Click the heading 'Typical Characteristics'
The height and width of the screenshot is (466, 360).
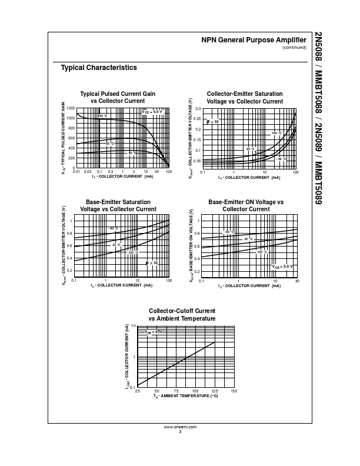pyautogui.click(x=99, y=68)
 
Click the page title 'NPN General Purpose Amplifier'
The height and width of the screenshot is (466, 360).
pyautogui.click(x=254, y=40)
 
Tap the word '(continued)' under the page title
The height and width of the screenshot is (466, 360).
pyautogui.click(x=295, y=48)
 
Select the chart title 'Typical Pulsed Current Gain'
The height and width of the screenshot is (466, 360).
pyautogui.click(x=118, y=94)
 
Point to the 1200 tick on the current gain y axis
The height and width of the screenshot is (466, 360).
pyautogui.click(x=71, y=109)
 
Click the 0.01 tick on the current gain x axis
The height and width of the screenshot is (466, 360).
pyautogui.click(x=76, y=172)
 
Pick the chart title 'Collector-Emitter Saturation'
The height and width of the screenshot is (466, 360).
pyautogui.click(x=245, y=94)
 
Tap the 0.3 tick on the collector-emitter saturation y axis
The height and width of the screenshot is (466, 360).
pyautogui.click(x=198, y=109)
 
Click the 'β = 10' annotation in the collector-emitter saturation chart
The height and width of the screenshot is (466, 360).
pyautogui.click(x=212, y=121)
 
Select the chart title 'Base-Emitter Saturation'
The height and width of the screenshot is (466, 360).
pyautogui.click(x=115, y=202)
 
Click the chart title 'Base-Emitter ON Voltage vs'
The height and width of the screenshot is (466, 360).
pyautogui.click(x=246, y=202)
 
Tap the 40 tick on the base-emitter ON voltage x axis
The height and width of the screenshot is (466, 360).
pyautogui.click(x=297, y=281)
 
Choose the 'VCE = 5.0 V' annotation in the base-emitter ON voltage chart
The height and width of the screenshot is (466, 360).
pyautogui.click(x=282, y=267)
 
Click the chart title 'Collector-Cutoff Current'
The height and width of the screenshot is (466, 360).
pyautogui.click(x=182, y=311)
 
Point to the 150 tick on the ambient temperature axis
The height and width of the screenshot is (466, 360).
pyautogui.click(x=234, y=391)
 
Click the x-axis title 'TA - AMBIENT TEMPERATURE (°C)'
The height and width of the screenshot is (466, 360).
pyautogui.click(x=185, y=397)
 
